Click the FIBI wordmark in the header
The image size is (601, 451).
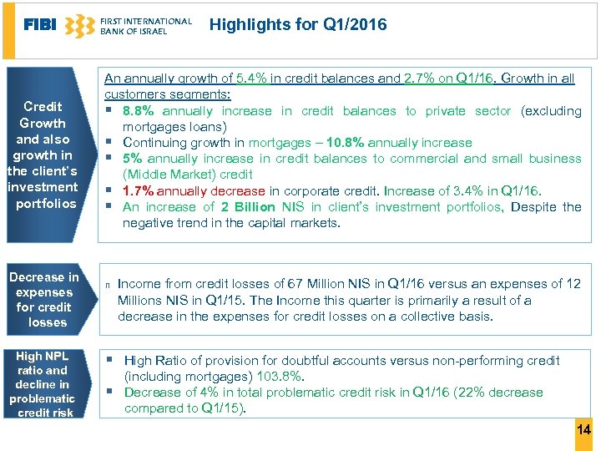coord(41,25)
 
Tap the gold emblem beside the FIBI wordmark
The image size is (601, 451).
coord(79,26)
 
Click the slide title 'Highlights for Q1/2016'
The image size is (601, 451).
coord(298,25)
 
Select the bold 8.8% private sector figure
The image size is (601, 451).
coord(140,111)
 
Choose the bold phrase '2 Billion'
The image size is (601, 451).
coord(248,206)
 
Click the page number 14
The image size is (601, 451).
coord(583,429)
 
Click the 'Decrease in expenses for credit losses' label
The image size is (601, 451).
coord(44,299)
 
